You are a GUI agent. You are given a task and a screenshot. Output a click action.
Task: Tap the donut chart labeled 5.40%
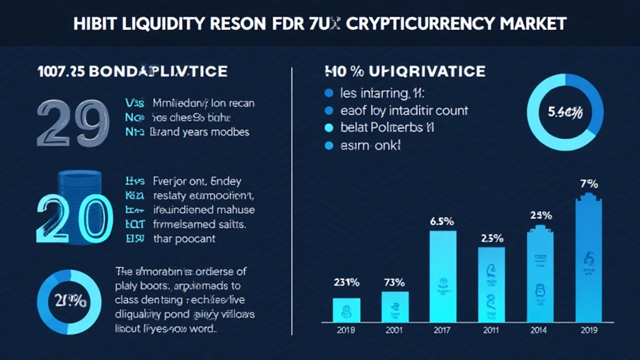pos(566,112)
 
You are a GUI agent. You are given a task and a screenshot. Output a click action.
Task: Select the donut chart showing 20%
pos(68,300)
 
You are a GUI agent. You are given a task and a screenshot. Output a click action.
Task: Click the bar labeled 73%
pos(395,306)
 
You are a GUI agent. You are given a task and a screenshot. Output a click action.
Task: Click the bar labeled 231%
pos(346,309)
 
